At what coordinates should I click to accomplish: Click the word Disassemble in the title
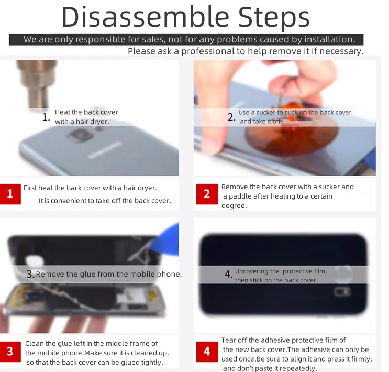coord(146,17)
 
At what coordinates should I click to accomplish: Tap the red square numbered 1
coord(10,194)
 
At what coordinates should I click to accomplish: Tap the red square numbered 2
coord(207,194)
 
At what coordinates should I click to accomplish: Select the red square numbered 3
coord(10,352)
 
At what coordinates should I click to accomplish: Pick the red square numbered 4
coord(207,352)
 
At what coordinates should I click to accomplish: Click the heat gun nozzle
coord(37,84)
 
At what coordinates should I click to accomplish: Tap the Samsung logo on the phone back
coord(105,150)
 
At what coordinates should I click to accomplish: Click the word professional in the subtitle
coord(208,51)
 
